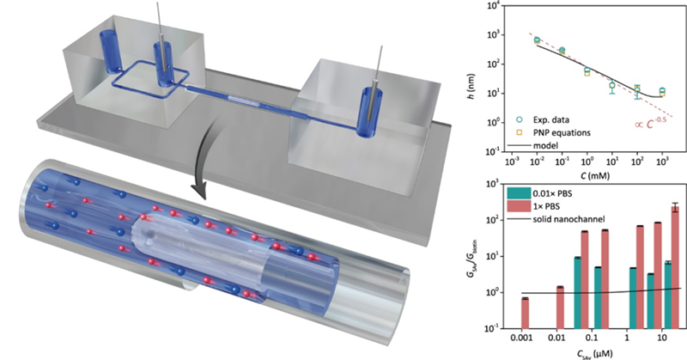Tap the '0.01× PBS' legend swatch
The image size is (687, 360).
coord(519,193)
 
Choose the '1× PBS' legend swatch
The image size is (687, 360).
coord(519,206)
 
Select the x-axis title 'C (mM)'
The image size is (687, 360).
coord(587,176)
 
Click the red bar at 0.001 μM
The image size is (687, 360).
coord(525,313)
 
